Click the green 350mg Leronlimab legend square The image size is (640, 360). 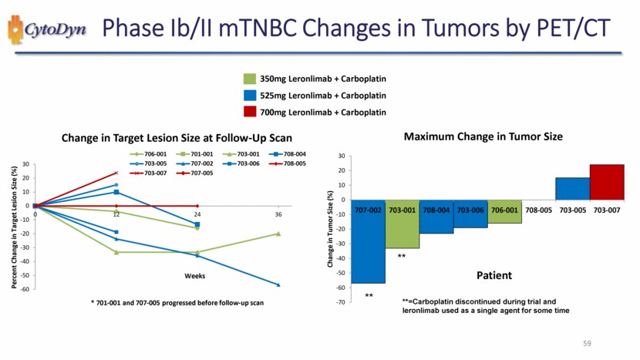click(249, 79)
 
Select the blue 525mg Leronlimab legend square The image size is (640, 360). click(249, 96)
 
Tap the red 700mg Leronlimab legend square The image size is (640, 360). click(249, 113)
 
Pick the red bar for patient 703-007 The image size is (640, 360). click(607, 182)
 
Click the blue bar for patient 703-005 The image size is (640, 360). click(572, 188)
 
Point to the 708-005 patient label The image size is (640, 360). click(538, 209)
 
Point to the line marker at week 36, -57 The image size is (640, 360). click(278, 285)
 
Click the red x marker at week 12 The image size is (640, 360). click(116, 173)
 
